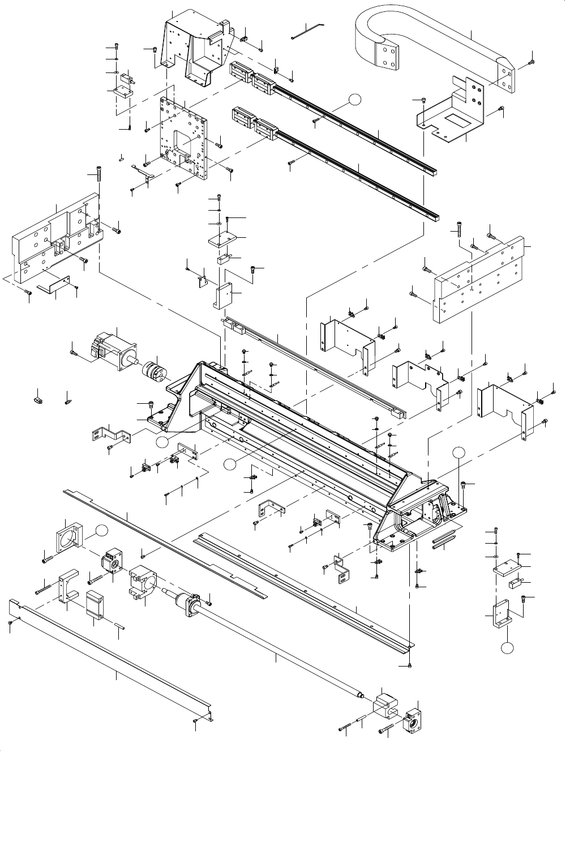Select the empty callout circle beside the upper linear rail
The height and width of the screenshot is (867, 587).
(x=354, y=100)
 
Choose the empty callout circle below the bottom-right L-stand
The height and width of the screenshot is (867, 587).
(x=509, y=647)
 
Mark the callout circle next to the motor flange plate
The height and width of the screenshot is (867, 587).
(x=101, y=531)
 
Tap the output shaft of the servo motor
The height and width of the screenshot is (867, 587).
(x=136, y=357)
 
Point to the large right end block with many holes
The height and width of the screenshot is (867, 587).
(x=481, y=277)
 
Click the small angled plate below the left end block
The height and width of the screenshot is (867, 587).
(x=54, y=284)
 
